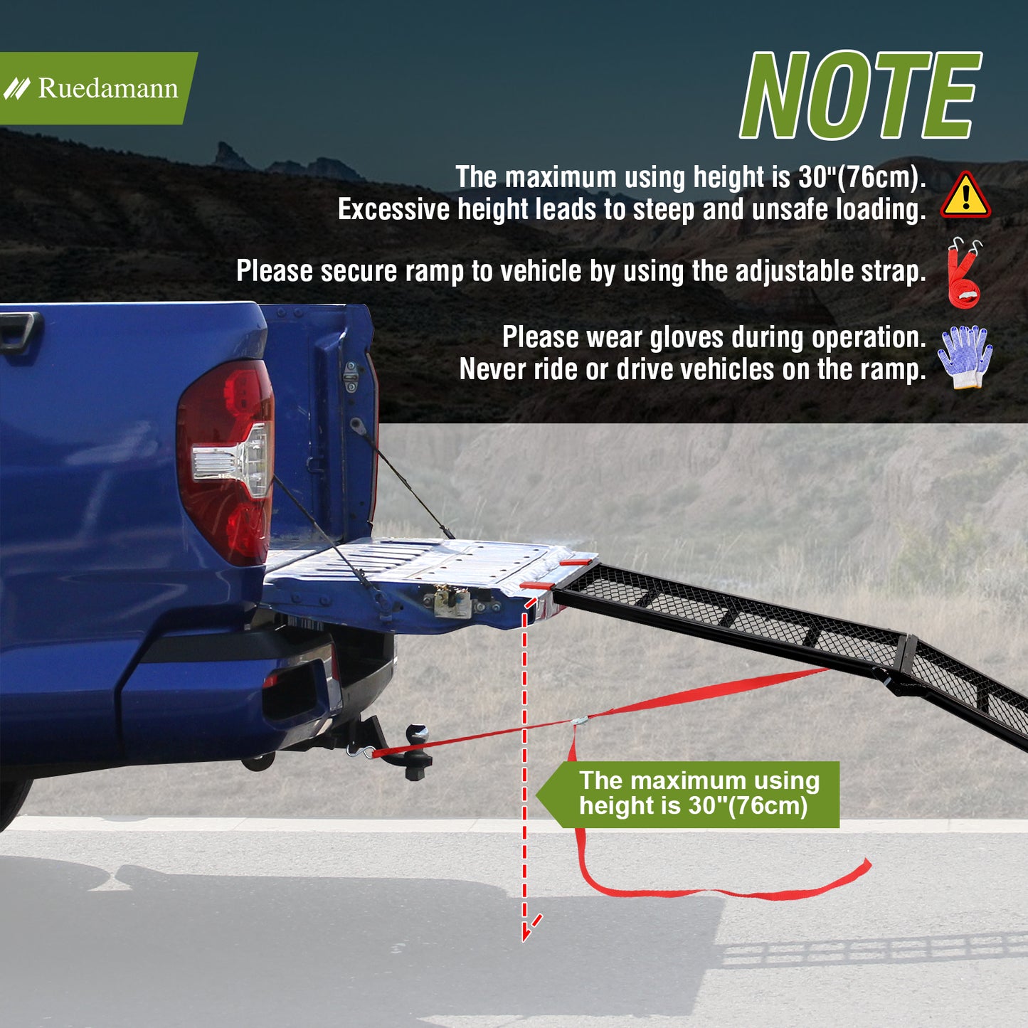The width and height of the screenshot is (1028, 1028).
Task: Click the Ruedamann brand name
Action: click(107, 88)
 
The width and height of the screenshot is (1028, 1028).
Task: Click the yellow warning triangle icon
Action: click(965, 195)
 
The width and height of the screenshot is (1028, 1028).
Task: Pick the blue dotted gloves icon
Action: click(965, 356)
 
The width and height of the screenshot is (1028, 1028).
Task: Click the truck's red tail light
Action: click(225, 462)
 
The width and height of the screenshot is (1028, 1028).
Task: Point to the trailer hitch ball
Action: click(417, 735)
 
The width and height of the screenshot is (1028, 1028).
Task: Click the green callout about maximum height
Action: click(688, 795)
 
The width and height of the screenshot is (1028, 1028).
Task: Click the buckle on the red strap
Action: click(580, 721)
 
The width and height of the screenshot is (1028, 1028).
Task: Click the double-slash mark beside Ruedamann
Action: click(17, 88)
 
